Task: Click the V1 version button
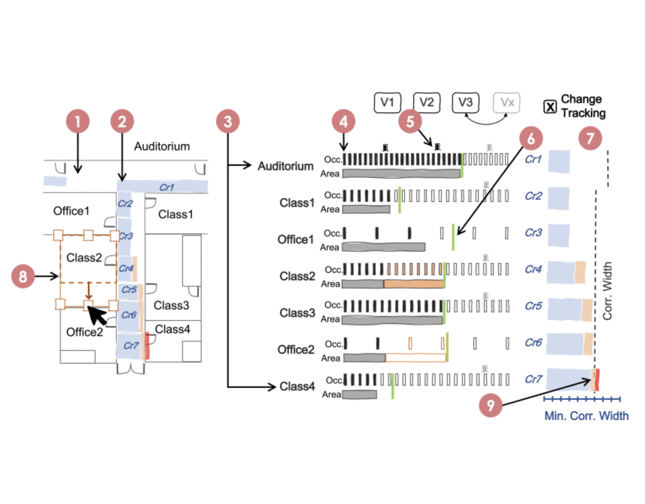coord(387,102)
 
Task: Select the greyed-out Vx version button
coord(507,102)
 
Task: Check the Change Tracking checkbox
coord(550,107)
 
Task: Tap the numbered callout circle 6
coord(531,138)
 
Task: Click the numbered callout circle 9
coord(490,405)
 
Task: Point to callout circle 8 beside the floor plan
coord(23,276)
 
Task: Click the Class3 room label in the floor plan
coord(171,305)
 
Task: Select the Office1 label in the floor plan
coord(71,211)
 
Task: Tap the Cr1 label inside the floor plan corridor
coord(167,187)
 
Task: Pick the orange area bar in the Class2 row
coord(414,284)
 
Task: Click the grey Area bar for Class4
coord(359,395)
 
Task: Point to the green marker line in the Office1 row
coord(453,237)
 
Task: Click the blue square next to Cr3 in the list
coord(558,235)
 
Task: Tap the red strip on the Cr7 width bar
coord(597,380)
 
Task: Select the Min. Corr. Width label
coord(586,416)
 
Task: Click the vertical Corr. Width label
coord(607,291)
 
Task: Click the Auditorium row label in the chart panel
coord(285,166)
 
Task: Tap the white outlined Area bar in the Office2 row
coord(415,358)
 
